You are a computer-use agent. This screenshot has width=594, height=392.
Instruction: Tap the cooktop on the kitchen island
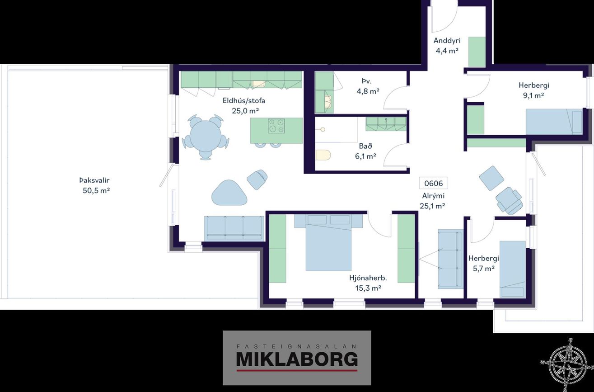(276, 126)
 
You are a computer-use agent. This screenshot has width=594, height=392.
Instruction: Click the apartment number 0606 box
(433, 184)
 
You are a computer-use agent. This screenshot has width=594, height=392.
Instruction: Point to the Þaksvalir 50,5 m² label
(95, 185)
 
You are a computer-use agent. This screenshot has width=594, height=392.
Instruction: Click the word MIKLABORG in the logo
(297, 359)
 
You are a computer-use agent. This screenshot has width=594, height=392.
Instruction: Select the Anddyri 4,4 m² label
(447, 45)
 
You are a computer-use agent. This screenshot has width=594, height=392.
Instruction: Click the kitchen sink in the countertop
(258, 84)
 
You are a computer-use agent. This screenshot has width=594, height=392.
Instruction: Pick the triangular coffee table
(229, 193)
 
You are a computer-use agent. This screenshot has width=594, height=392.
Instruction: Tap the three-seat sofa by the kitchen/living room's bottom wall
(234, 228)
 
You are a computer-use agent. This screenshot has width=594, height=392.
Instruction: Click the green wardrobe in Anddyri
(477, 52)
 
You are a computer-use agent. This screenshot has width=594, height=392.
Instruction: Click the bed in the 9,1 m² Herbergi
(554, 122)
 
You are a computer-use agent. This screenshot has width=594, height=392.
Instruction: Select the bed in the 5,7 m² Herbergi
(513, 269)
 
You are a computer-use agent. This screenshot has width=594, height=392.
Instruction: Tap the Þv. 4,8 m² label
(368, 86)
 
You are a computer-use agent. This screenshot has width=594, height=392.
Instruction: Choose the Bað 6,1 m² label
(365, 151)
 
